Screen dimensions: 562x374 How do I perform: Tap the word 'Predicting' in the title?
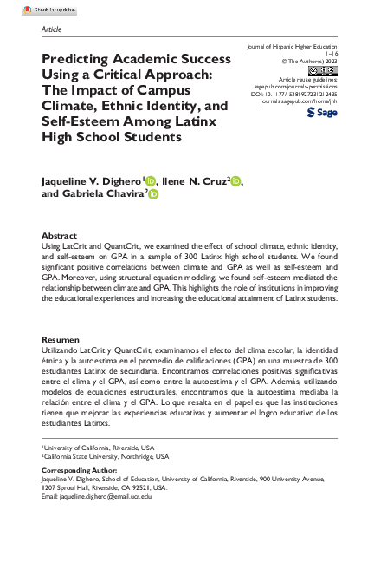click(x=77, y=62)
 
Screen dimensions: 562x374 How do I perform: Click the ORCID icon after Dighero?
click(x=150, y=181)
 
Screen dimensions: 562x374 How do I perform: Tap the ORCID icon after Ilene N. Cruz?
click(x=236, y=181)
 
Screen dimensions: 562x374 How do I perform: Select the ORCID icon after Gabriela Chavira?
click(x=154, y=196)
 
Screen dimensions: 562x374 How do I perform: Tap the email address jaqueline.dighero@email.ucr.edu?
click(x=104, y=495)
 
